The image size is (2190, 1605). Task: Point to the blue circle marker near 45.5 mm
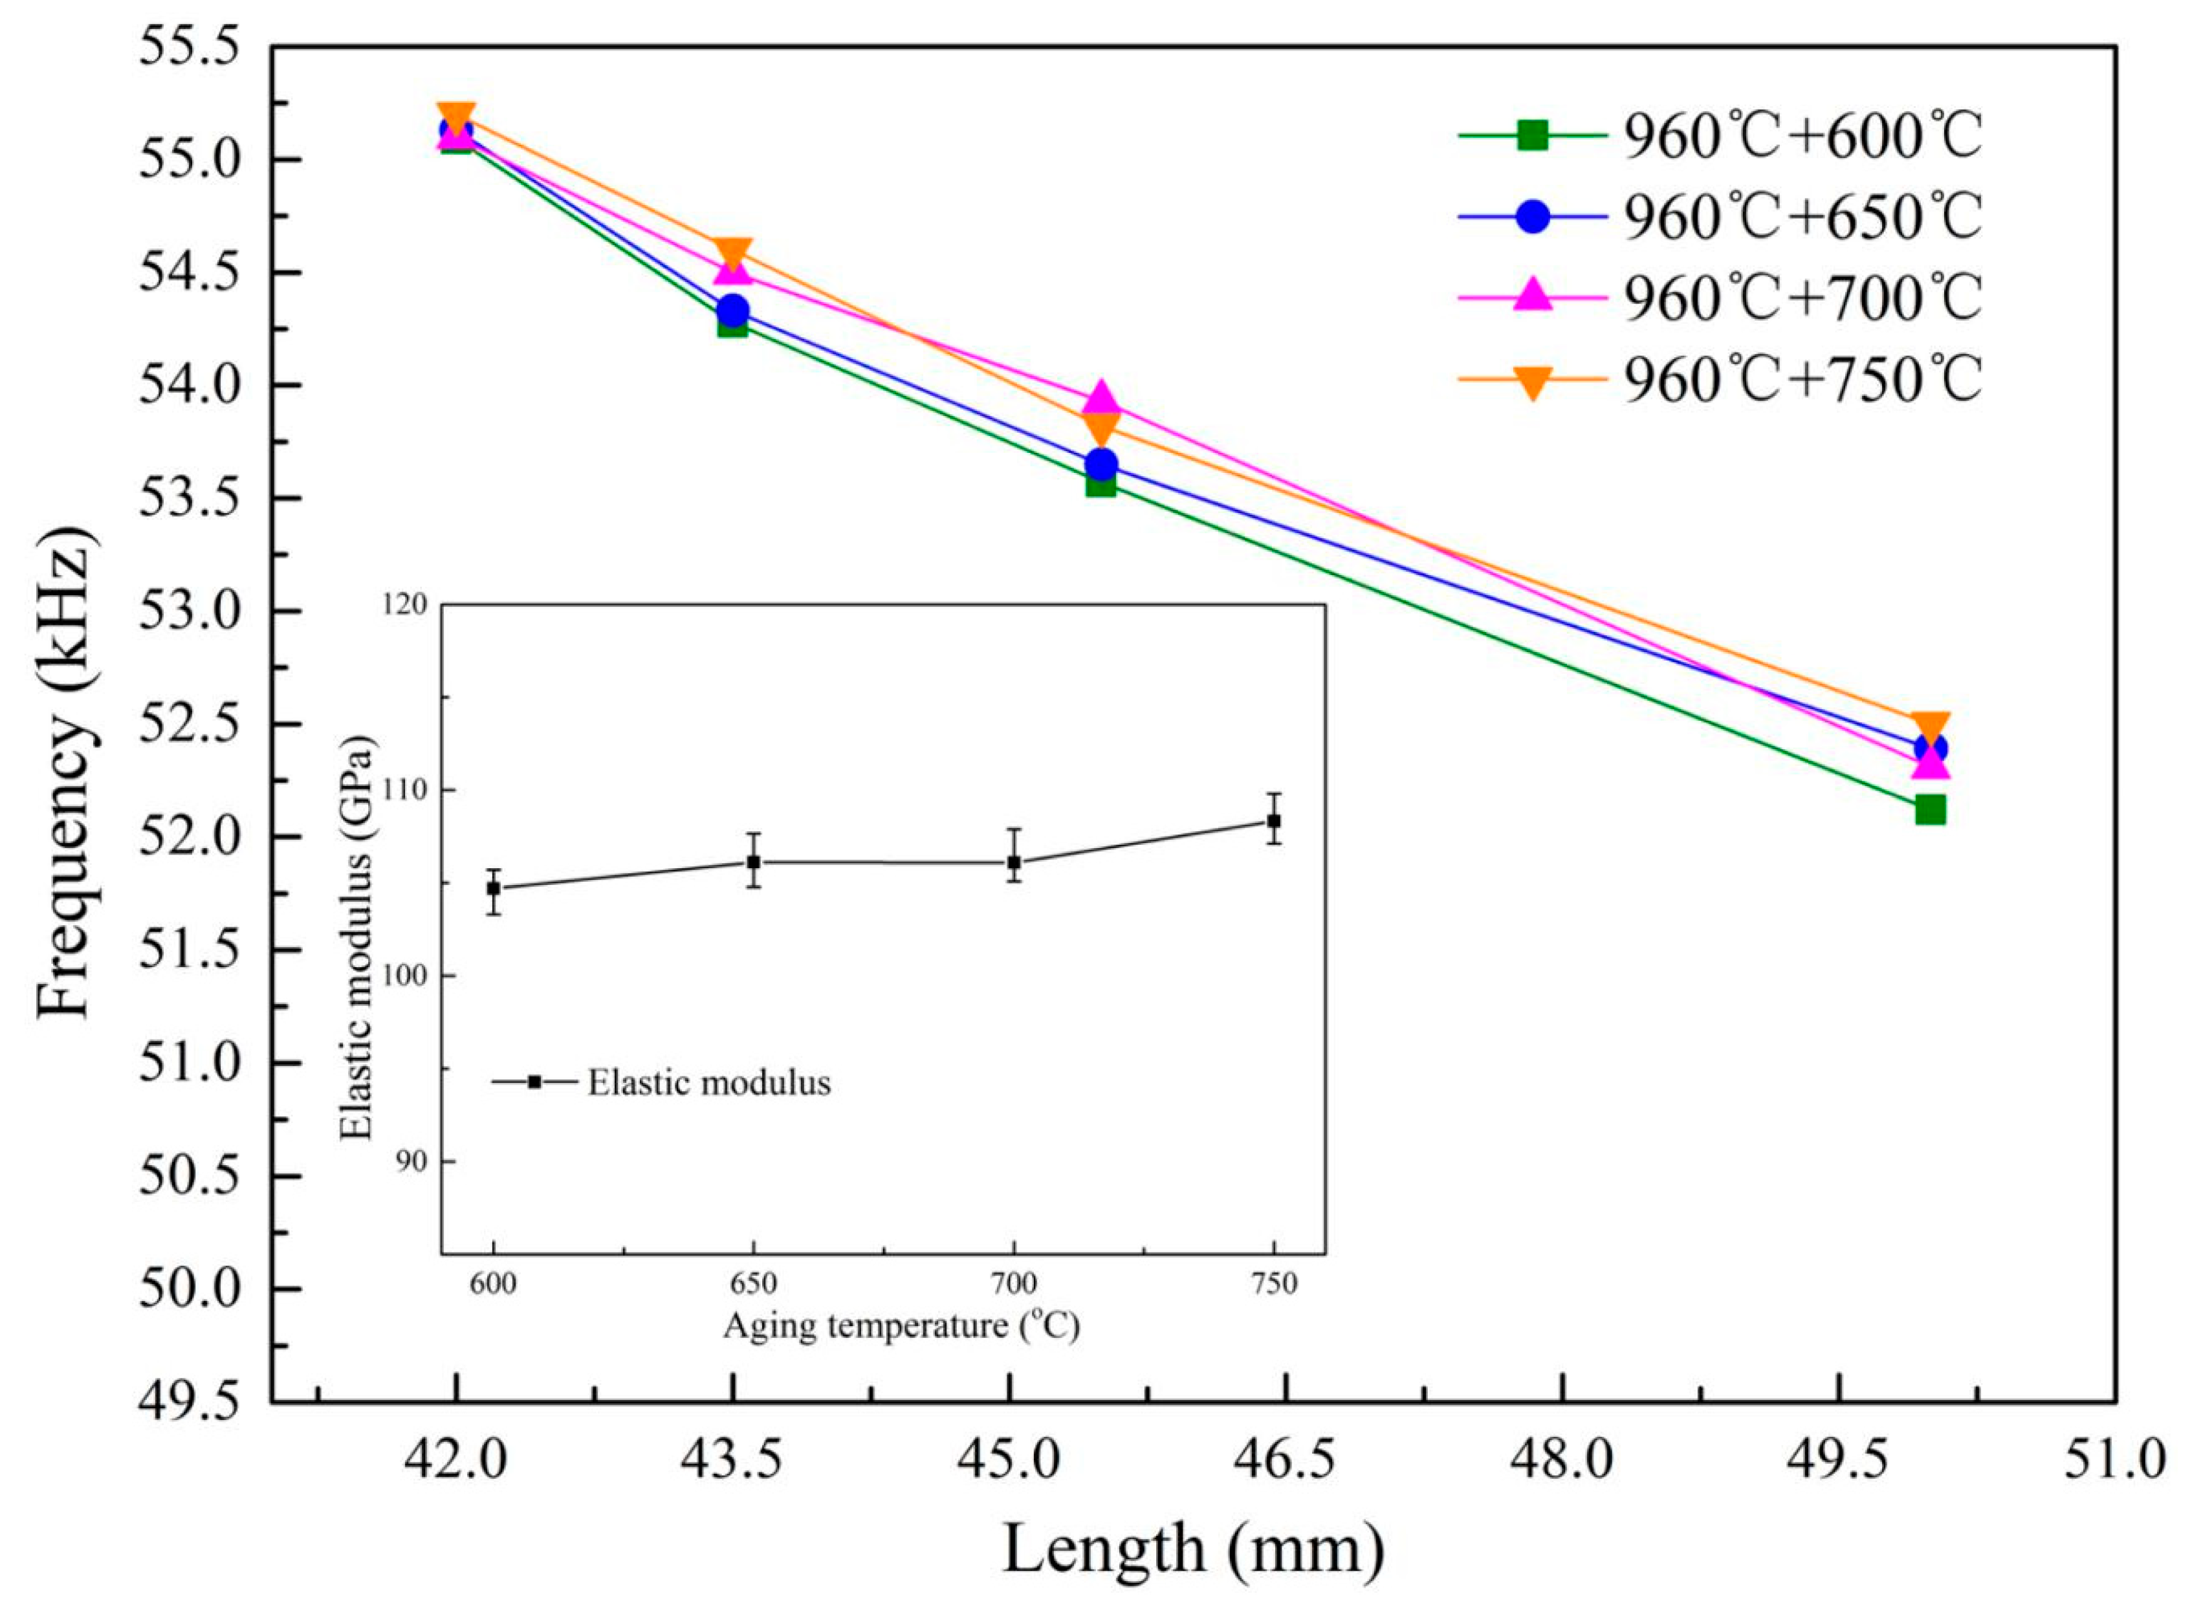pos(1101,464)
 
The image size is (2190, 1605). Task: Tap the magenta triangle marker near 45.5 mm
pos(1101,399)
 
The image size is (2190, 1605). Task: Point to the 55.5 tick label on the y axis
pos(190,49)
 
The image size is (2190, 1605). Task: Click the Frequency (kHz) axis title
pos(66,772)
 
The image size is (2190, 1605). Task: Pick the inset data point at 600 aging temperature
pos(494,888)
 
